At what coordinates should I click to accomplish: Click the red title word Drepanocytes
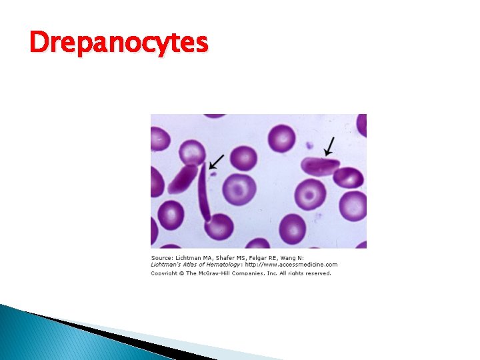[x=119, y=43]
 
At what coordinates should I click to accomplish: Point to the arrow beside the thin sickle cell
[x=217, y=161]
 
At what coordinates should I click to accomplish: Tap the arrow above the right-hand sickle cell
[x=329, y=146]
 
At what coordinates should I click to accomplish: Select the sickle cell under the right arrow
[x=321, y=165]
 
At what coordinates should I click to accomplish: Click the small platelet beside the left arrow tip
[x=213, y=175]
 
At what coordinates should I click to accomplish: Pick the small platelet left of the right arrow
[x=309, y=145]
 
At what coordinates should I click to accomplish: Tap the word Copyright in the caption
[x=164, y=272]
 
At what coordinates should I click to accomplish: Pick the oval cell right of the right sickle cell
[x=349, y=178]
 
